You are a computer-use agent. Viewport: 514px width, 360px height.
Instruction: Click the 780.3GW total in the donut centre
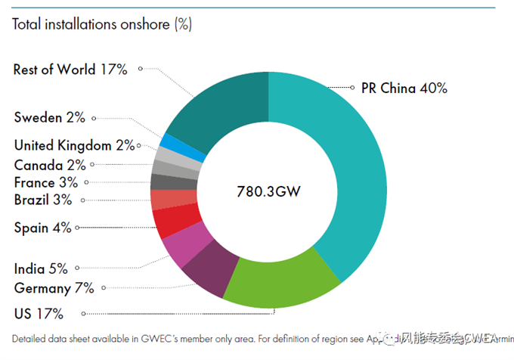tap(269, 191)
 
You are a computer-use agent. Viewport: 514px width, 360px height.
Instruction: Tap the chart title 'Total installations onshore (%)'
tap(102, 24)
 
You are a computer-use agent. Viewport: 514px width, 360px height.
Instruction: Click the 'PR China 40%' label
tap(404, 88)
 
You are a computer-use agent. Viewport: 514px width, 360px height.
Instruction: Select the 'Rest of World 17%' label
tap(70, 70)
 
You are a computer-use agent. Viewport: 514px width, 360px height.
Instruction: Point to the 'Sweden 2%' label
tap(50, 117)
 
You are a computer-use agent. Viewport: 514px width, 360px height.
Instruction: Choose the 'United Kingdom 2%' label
tap(74, 145)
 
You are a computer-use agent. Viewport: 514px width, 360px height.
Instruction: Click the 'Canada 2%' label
tap(49, 165)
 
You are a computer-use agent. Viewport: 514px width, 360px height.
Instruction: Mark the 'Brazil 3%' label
tap(43, 200)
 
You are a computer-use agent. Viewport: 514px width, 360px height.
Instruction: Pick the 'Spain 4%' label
tap(42, 227)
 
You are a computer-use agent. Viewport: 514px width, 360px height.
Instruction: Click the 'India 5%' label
tap(41, 268)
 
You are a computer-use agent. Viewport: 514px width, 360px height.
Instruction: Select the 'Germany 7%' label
tap(54, 288)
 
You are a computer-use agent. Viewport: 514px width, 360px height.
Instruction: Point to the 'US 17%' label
tap(39, 313)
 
